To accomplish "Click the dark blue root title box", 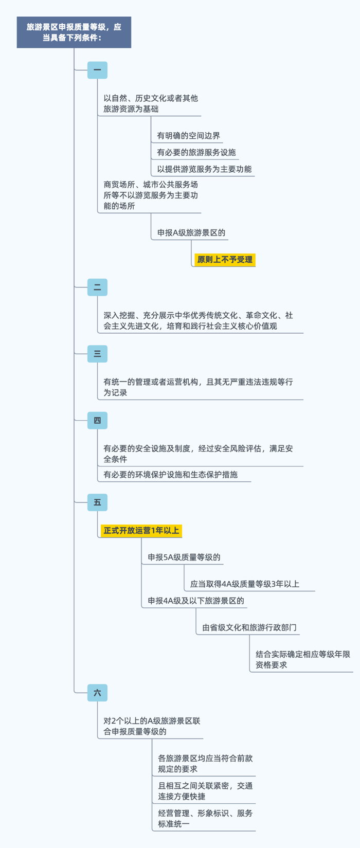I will (x=74, y=32).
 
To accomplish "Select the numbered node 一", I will (x=97, y=70).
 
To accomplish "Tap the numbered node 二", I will (x=97, y=287).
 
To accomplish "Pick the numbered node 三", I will (x=97, y=354).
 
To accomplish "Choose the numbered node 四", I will (x=97, y=420).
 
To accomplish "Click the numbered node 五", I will (x=97, y=502).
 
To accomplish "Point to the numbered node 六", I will (x=97, y=693).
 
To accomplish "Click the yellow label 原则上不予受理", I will (x=225, y=260).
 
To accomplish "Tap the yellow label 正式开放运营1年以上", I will (x=141, y=530).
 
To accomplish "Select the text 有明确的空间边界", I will (x=188, y=136).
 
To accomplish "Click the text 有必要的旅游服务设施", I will (x=196, y=152).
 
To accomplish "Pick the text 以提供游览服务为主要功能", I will (x=204, y=169).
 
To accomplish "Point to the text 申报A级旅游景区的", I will (x=191, y=232).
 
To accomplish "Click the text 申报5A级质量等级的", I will (x=184, y=557).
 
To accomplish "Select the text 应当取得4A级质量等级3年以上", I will (x=244, y=584).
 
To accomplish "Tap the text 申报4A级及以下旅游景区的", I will (x=195, y=601).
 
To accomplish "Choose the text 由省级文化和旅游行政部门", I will (x=249, y=627).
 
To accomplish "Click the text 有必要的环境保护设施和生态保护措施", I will (x=170, y=475).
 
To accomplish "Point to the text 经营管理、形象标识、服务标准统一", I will (x=205, y=818).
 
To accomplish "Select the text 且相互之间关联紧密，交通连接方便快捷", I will (x=205, y=791).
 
